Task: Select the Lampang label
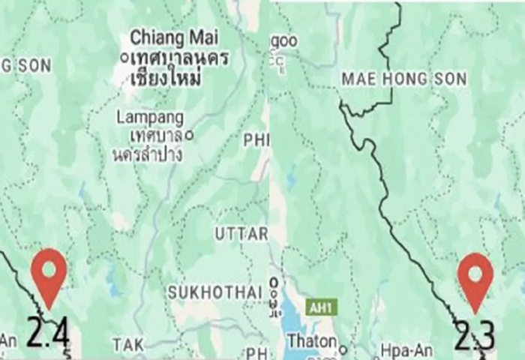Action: tap(150, 118)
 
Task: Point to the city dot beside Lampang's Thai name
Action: tap(189, 135)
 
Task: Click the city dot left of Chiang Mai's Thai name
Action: tap(123, 57)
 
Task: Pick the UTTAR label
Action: tap(241, 234)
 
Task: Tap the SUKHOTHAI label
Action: tap(214, 291)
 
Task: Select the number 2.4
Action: tap(48, 333)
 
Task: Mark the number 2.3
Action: tap(475, 337)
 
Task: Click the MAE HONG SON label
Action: tap(403, 79)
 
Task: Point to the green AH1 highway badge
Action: tap(322, 307)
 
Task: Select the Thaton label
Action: tap(312, 340)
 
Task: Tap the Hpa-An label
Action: tap(403, 349)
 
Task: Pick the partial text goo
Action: tap(283, 40)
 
